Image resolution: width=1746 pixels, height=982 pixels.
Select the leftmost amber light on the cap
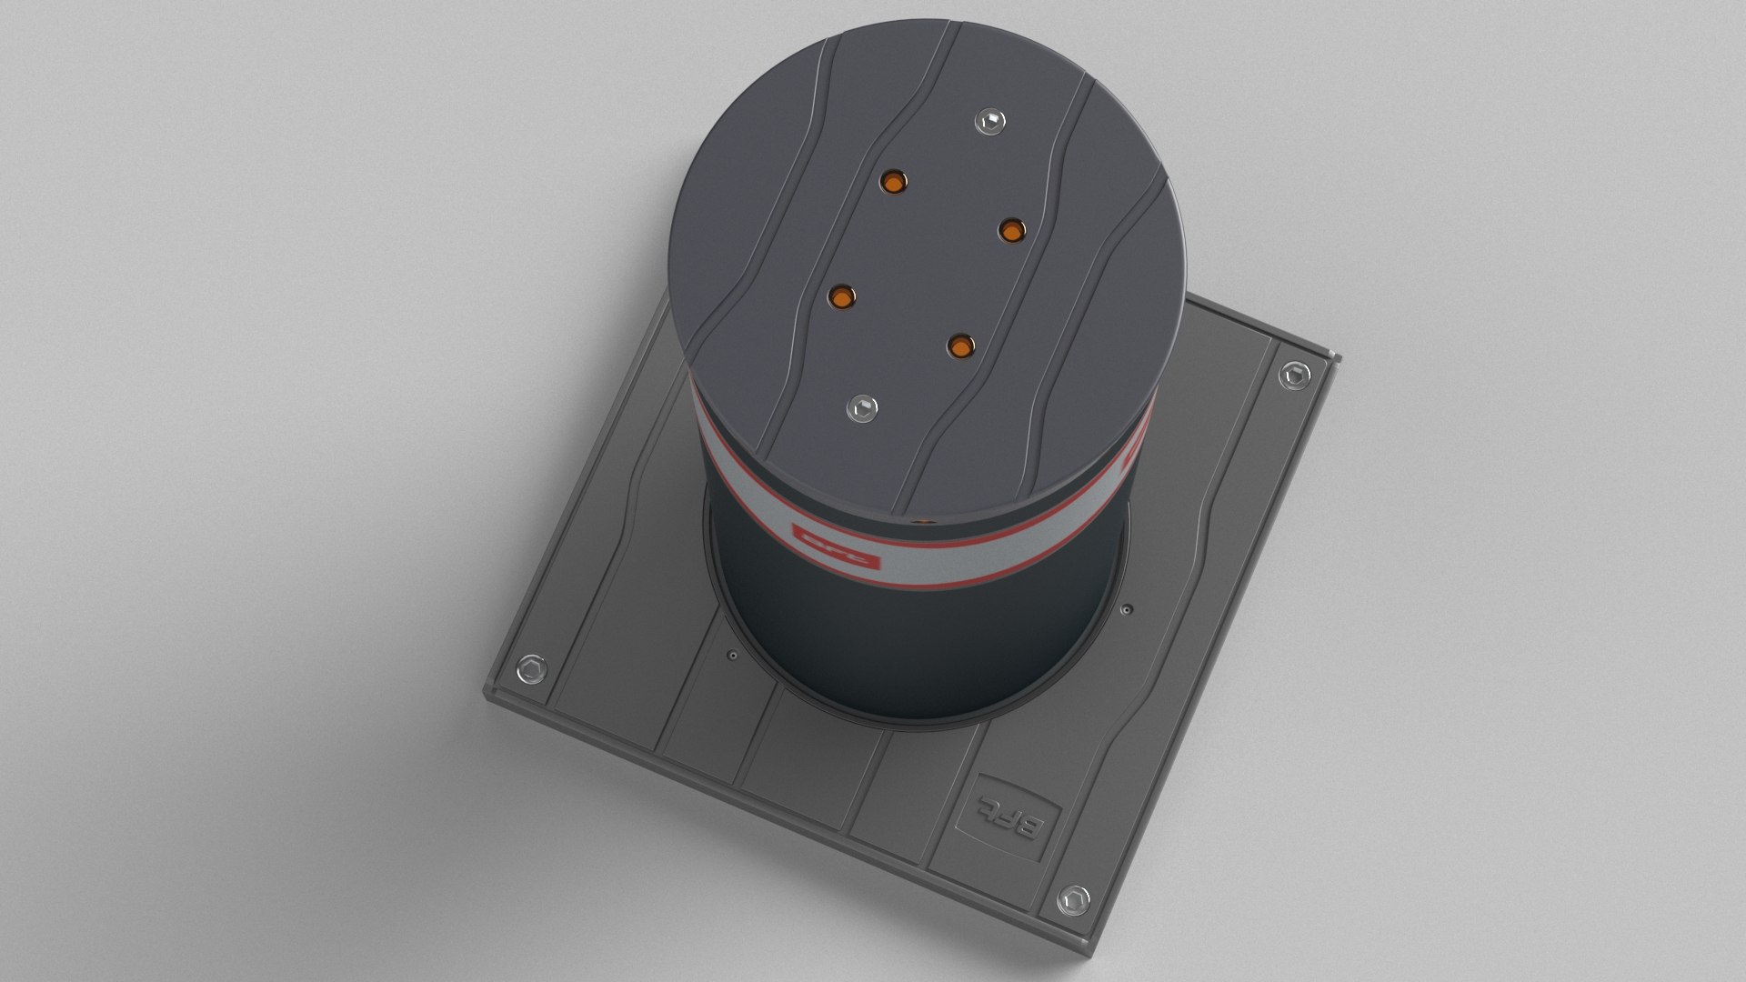click(x=842, y=296)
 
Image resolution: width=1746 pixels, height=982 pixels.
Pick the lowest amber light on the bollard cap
click(x=960, y=346)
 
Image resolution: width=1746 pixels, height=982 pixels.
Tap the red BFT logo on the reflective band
click(x=838, y=546)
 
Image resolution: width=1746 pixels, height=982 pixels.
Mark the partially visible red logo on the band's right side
click(x=1134, y=455)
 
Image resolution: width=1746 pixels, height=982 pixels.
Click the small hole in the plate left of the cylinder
click(x=732, y=654)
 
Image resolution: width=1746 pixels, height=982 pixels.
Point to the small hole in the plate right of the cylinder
click(x=1128, y=609)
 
